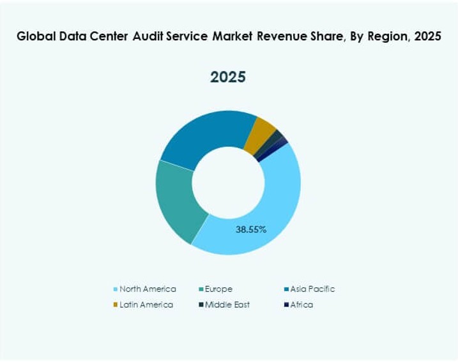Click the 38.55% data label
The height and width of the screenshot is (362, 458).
pos(251,229)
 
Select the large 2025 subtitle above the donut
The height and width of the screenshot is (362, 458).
pos(228,77)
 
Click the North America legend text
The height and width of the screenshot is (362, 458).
pos(148,289)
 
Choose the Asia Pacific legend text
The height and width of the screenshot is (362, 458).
pos(312,289)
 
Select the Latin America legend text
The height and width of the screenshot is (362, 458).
pos(146,305)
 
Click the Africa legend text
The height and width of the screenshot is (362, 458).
pos(302,305)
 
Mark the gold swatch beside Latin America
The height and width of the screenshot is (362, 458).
pos(116,305)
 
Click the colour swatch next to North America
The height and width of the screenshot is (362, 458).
pos(116,290)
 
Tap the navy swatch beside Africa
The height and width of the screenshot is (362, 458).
pos(286,305)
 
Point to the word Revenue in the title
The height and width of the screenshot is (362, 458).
pos(284,36)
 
